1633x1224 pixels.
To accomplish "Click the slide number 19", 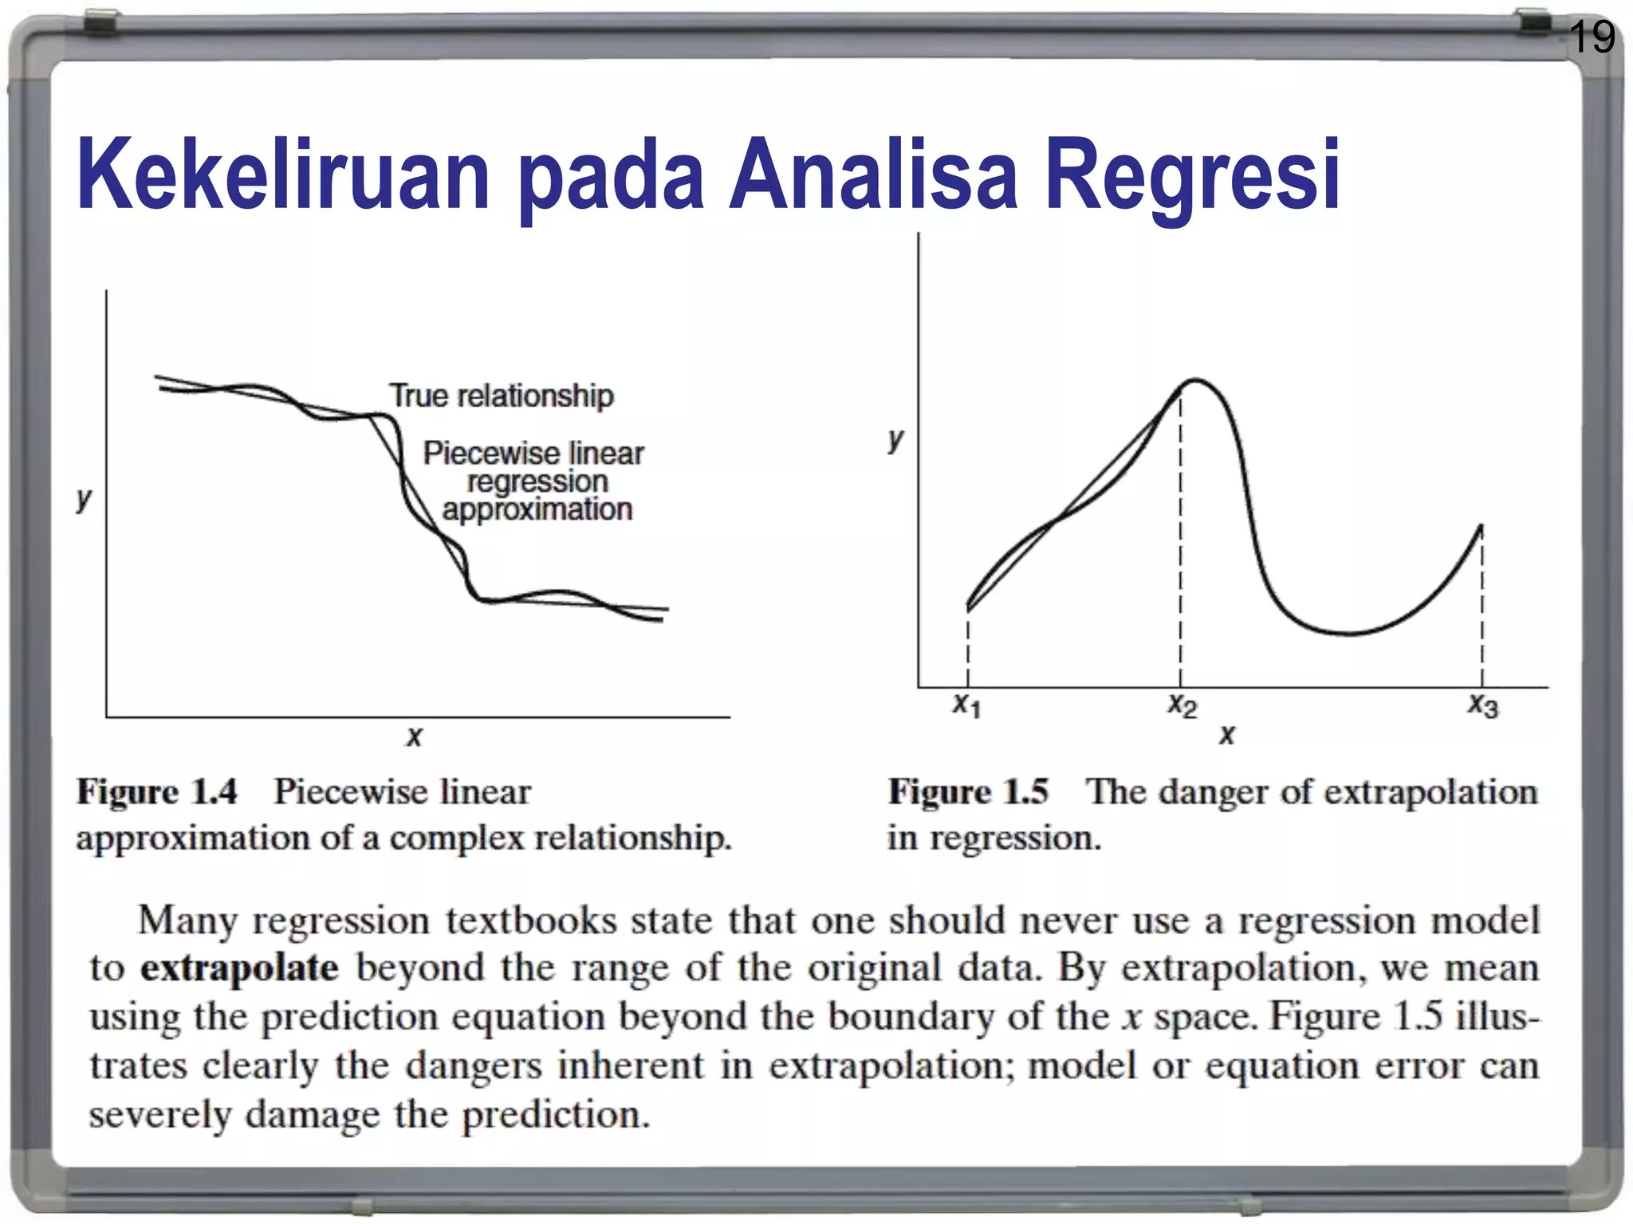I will [1592, 37].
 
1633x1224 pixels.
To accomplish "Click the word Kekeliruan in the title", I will [283, 175].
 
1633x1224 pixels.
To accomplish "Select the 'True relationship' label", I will [502, 395].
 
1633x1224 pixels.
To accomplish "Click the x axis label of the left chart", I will [414, 736].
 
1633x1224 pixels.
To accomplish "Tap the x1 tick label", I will [967, 704].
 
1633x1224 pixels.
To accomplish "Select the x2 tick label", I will [1182, 704].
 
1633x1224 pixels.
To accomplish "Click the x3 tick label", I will [1483, 704].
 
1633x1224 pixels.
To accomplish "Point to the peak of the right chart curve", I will [1194, 380].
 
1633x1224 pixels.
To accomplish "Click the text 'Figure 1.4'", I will [157, 792].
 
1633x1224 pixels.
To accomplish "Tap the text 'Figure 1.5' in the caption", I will [968, 792].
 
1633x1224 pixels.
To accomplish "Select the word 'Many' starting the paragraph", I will [187, 921].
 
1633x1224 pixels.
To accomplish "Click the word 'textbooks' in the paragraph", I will [531, 921].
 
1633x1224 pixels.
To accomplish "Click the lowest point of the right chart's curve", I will [1348, 634].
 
